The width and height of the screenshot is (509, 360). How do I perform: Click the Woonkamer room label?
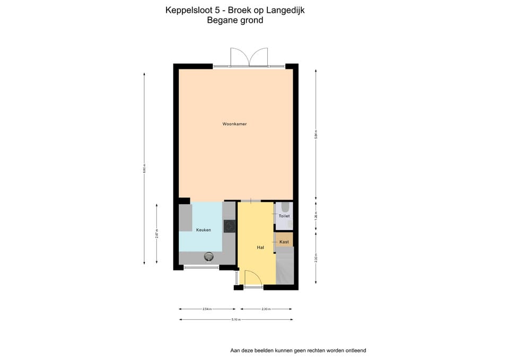coord(234,124)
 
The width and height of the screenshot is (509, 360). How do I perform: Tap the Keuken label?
coord(204,230)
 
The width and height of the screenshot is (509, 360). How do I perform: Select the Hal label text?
coord(260,248)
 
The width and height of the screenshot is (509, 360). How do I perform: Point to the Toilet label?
coord(284,216)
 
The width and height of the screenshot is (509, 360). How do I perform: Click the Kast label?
coord(284,242)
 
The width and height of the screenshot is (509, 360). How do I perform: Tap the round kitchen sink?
coord(209,257)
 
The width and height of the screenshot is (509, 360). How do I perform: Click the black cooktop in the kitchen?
coord(230,226)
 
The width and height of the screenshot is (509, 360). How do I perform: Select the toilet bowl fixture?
coord(285,207)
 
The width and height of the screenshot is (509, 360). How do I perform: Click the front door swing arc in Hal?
coord(252,277)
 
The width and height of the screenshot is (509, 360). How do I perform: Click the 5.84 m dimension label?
coord(316,135)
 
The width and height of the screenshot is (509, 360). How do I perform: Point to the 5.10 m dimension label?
coord(236,320)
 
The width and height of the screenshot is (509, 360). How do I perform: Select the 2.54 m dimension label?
coord(207,309)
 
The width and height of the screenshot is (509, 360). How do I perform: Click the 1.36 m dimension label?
coord(316,217)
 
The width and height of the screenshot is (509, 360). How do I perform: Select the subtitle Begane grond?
coord(235,21)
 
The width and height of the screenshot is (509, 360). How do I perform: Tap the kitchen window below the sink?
coord(202,268)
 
